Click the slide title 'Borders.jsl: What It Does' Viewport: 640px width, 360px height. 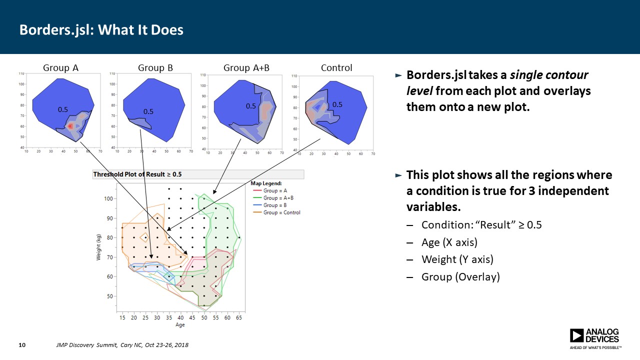click(x=101, y=30)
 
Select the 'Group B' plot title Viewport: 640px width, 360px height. click(x=155, y=68)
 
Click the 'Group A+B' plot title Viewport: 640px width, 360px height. click(x=246, y=68)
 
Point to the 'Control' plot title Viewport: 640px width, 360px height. click(x=336, y=68)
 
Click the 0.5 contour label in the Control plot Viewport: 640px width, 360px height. click(x=337, y=104)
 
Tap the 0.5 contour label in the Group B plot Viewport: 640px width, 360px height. click(x=148, y=111)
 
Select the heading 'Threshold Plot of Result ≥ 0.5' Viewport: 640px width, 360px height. click(x=137, y=174)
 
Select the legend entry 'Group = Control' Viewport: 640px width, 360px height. click(x=282, y=212)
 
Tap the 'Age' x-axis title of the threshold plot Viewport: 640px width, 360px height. click(x=180, y=325)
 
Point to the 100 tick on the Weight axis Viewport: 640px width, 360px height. click(x=108, y=198)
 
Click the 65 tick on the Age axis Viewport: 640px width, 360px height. click(x=239, y=317)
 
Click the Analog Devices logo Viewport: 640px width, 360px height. click(x=595, y=338)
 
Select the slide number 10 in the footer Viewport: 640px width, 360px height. click(x=22, y=345)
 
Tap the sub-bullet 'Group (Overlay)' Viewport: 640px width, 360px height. click(x=460, y=276)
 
